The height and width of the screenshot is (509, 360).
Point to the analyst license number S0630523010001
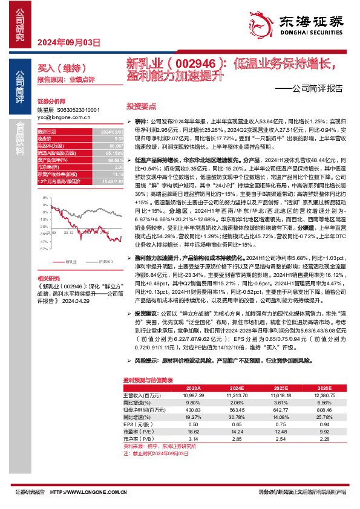(77, 110)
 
